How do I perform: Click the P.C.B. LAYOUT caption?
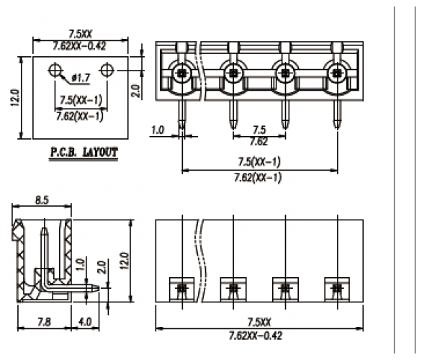(84, 153)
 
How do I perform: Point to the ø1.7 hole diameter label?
(81, 76)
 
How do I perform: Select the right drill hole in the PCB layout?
(108, 70)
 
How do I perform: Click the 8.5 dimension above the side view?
(42, 202)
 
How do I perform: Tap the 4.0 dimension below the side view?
(84, 322)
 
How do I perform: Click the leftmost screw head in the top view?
(181, 72)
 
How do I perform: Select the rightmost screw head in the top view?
(337, 72)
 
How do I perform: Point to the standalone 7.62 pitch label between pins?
(258, 141)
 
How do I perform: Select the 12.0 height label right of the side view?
(124, 259)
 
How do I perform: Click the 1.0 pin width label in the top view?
(159, 130)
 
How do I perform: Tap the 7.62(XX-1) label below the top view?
(258, 177)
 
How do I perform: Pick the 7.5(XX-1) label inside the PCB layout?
(80, 99)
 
